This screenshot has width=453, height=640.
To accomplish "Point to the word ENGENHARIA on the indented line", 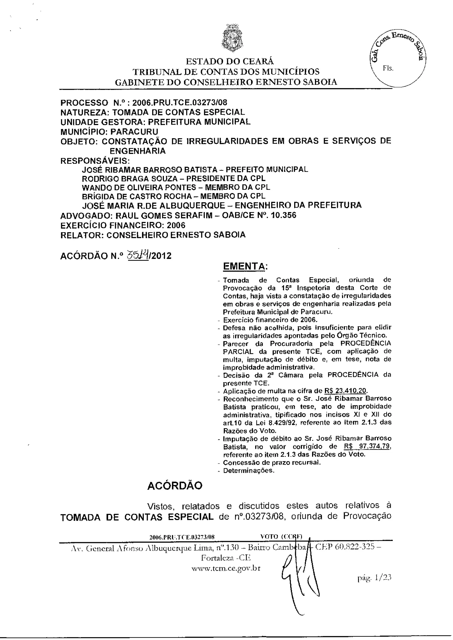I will coord(138,151).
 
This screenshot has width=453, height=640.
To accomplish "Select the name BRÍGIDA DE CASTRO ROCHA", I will coord(137,196).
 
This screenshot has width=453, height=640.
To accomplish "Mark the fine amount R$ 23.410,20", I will coord(346,391).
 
